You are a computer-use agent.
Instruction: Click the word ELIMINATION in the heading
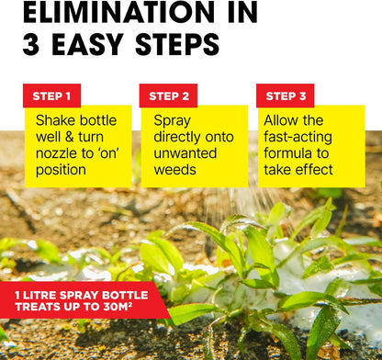109,12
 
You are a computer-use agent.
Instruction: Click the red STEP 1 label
51,96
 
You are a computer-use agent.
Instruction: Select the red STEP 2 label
168,96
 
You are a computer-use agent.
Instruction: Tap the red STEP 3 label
285,96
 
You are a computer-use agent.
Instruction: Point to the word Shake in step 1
57,120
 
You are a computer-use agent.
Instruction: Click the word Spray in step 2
173,120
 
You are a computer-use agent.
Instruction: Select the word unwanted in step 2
190,153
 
